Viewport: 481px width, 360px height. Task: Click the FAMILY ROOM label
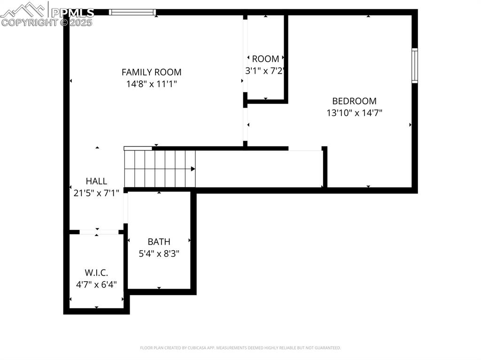pyautogui.click(x=151, y=72)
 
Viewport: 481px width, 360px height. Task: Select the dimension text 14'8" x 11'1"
pyautogui.click(x=151, y=84)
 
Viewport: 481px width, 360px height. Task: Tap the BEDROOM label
pyautogui.click(x=354, y=101)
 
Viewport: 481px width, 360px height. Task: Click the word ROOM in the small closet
pyautogui.click(x=265, y=59)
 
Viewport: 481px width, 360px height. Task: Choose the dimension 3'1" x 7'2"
pyautogui.click(x=265, y=71)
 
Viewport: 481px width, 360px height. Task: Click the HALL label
pyautogui.click(x=96, y=181)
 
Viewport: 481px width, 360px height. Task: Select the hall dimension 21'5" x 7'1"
pyautogui.click(x=96, y=192)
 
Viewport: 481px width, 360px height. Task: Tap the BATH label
pyautogui.click(x=159, y=242)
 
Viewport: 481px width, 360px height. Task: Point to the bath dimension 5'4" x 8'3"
pyautogui.click(x=159, y=253)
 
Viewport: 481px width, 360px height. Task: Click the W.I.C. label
pyautogui.click(x=96, y=273)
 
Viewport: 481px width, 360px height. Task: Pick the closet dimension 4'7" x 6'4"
pyautogui.click(x=96, y=284)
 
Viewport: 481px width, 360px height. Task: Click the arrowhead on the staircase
pyautogui.click(x=193, y=169)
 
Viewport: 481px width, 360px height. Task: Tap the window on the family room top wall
pyautogui.click(x=132, y=12)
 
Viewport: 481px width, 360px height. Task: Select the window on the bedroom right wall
pyautogui.click(x=415, y=66)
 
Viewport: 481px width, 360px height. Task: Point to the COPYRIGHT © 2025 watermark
pyautogui.click(x=47, y=22)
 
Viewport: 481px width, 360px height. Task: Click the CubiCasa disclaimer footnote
pyautogui.click(x=240, y=348)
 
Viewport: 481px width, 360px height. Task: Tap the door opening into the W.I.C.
pyautogui.click(x=99, y=232)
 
